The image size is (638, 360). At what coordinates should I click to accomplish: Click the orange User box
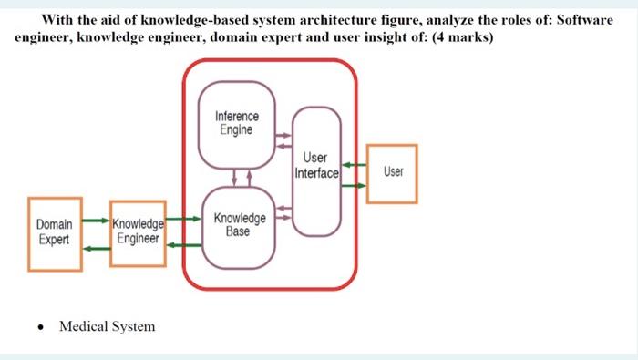click(x=392, y=172)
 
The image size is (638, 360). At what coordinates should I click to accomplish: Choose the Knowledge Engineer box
click(x=137, y=232)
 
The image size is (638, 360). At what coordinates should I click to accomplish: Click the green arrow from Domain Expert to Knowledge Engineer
click(x=95, y=221)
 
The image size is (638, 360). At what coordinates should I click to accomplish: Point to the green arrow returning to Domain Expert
click(x=95, y=244)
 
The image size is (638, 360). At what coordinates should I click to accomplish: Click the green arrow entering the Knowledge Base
click(x=182, y=221)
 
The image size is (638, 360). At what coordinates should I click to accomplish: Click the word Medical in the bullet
click(x=83, y=326)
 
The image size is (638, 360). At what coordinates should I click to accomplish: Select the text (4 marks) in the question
click(x=463, y=39)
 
